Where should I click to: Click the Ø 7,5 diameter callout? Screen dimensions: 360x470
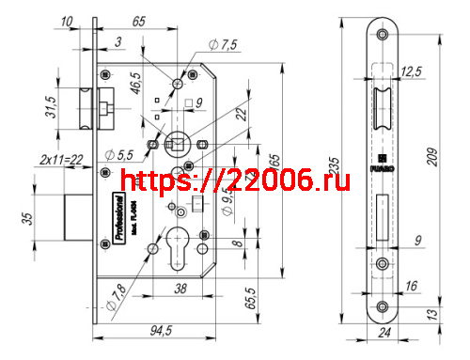[x=224, y=45]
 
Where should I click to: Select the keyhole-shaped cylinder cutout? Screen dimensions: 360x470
[x=176, y=247]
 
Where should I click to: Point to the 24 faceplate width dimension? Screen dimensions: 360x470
[x=382, y=333]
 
